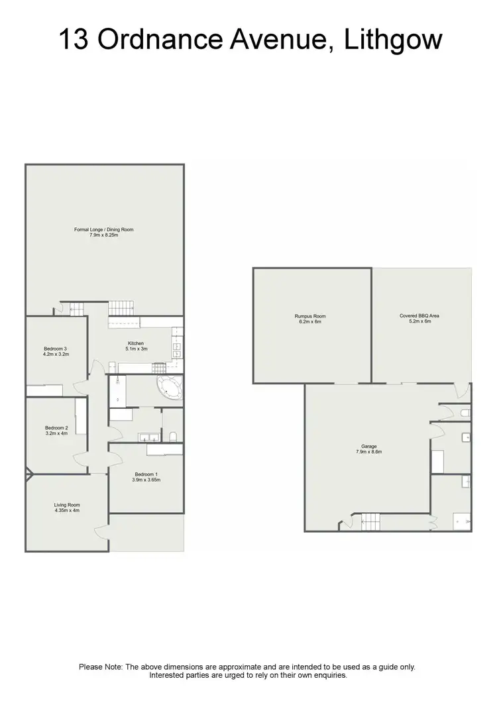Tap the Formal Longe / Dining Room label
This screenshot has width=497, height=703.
click(x=104, y=229)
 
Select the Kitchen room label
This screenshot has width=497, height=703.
click(x=137, y=343)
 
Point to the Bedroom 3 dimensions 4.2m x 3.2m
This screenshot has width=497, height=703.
click(x=56, y=354)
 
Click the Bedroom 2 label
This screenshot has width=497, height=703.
click(x=56, y=427)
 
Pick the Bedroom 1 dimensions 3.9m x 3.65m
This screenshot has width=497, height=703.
click(x=146, y=480)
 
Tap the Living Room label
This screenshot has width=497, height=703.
click(x=67, y=505)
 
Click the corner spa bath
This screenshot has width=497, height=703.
click(x=170, y=389)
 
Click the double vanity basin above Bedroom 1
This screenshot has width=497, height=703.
click(x=148, y=437)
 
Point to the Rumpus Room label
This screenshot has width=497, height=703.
click(x=310, y=316)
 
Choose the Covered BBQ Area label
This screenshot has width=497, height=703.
click(x=419, y=316)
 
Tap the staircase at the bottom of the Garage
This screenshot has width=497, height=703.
click(x=370, y=523)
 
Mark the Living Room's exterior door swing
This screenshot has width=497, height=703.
click(x=101, y=530)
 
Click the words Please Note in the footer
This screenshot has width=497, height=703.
click(x=100, y=667)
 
